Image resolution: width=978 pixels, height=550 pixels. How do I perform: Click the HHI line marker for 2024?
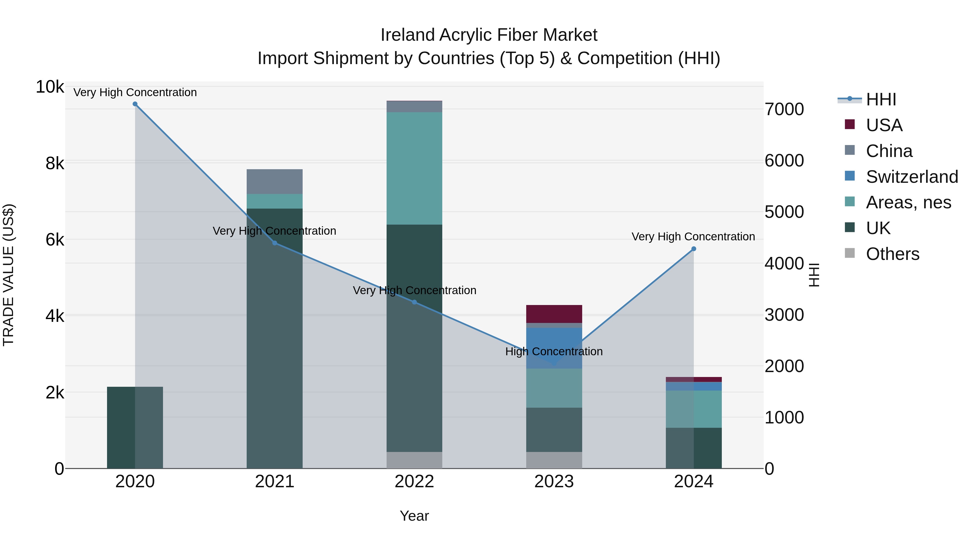pyautogui.click(x=693, y=249)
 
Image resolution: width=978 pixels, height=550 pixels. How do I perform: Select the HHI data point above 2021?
pyautogui.click(x=274, y=243)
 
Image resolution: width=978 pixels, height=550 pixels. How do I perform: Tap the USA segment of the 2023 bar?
pyautogui.click(x=554, y=314)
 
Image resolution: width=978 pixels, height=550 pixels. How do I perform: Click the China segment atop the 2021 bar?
pyautogui.click(x=274, y=181)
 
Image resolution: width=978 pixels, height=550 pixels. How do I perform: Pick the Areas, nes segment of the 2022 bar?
pyautogui.click(x=414, y=168)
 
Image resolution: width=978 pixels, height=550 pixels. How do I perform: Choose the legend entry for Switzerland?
pyautogui.click(x=911, y=177)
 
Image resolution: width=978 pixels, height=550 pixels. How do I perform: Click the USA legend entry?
pyautogui.click(x=883, y=125)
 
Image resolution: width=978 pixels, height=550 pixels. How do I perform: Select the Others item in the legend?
pyautogui.click(x=892, y=254)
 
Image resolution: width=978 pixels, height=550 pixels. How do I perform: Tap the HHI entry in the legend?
pyautogui.click(x=880, y=99)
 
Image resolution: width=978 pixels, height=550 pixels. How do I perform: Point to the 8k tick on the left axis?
pyautogui.click(x=55, y=164)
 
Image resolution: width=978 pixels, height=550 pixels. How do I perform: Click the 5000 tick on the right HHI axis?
pyautogui.click(x=784, y=212)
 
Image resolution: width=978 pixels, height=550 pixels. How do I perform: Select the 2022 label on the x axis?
pyautogui.click(x=414, y=482)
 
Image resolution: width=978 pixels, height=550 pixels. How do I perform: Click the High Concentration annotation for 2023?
pyautogui.click(x=554, y=351)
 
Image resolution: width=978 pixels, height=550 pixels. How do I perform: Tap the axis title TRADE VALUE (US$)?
pyautogui.click(x=8, y=275)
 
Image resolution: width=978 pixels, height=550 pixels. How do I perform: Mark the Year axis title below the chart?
pyautogui.click(x=414, y=516)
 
